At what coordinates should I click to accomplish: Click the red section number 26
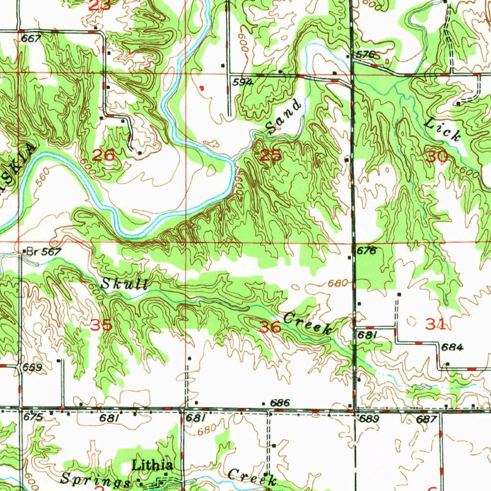[x=104, y=155]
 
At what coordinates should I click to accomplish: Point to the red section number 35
[x=102, y=325]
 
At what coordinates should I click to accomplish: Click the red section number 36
[x=270, y=327]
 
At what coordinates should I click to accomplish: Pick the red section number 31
[x=436, y=325]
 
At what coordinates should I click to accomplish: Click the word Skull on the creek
[x=124, y=284]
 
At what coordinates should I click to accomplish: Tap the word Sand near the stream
[x=283, y=117]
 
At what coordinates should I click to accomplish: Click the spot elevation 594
[x=243, y=82]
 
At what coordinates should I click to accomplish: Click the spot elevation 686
[x=280, y=403]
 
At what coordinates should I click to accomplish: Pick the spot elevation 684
[x=453, y=348]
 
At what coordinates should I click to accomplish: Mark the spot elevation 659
[x=32, y=368]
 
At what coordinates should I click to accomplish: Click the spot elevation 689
[x=369, y=419]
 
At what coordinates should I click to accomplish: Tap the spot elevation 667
[x=31, y=39]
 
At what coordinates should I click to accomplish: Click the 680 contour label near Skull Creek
[x=337, y=283]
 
